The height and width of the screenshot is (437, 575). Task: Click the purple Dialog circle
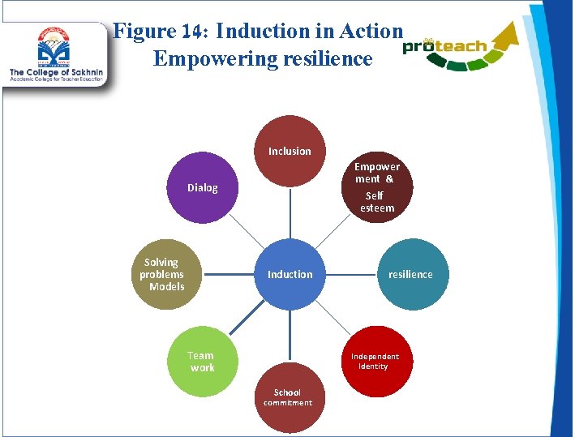203,188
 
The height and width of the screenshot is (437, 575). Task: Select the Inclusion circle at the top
290,151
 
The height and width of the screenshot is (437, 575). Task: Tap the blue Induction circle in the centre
290,274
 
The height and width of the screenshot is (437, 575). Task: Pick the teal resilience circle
412,274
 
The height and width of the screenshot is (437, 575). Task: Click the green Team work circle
202,361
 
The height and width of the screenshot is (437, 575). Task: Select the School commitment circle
287,397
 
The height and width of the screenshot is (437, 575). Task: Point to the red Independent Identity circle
375,361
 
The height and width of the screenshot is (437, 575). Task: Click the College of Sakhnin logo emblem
52,49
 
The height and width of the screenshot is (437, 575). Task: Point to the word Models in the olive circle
166,286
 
